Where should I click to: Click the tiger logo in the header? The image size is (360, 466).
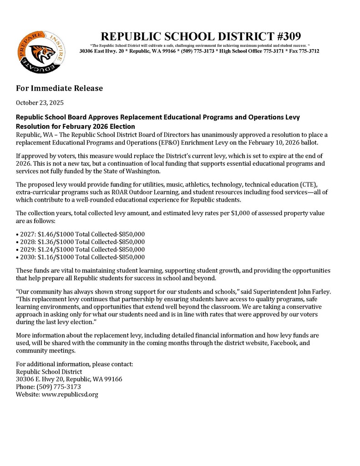tap(41, 53)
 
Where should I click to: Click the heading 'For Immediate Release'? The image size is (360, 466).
tap(60, 88)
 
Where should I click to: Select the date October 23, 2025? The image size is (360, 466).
tap(40, 102)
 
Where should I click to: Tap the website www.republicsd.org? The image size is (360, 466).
tap(70, 394)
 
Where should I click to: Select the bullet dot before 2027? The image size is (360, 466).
tap(17, 234)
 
